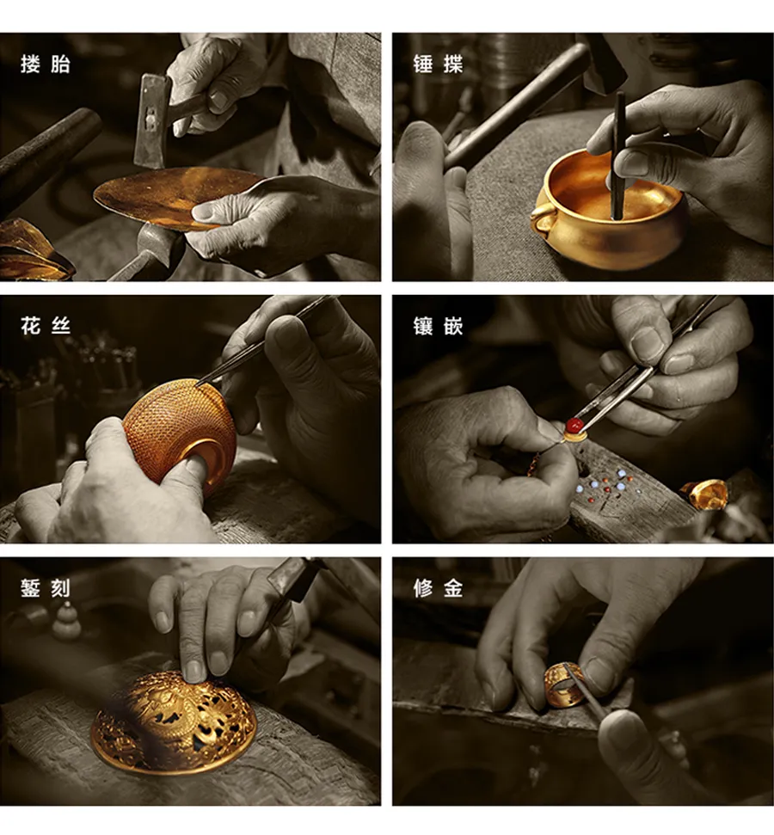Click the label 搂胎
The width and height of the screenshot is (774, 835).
click(x=46, y=64)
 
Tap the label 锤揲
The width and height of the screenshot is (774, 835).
click(x=438, y=64)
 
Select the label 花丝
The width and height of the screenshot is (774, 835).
click(x=46, y=325)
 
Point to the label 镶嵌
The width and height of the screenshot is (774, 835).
click(x=438, y=325)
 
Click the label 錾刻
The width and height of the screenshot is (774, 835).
click(x=46, y=588)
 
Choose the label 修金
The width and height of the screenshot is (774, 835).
click(x=438, y=588)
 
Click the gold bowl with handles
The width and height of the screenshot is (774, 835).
click(x=606, y=209)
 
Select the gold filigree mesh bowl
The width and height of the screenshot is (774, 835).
click(x=181, y=434)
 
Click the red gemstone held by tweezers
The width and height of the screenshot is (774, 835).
click(x=574, y=425)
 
